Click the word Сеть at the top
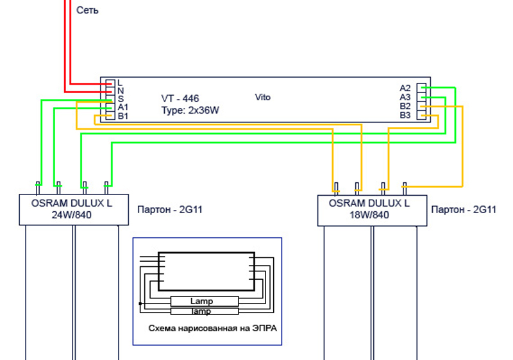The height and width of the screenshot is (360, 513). pos(87,11)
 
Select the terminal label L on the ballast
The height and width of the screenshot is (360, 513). pos(120,83)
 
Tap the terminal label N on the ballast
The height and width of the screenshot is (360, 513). pos(121,91)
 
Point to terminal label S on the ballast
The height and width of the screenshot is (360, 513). pos(121,99)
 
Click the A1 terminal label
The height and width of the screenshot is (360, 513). pos(123,107)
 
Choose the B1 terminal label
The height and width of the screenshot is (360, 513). pos(123,116)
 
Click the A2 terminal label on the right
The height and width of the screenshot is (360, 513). pos(405,88)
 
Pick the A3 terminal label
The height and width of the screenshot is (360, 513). pos(405,97)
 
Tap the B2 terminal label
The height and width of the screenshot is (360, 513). pos(405,106)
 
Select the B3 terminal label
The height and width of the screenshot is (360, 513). pos(405,115)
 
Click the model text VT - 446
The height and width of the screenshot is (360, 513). pos(180,99)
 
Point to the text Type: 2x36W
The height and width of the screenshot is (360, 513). pos(190,110)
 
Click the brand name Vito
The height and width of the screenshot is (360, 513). pos(263,98)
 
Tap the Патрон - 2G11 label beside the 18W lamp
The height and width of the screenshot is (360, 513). pos(464,210)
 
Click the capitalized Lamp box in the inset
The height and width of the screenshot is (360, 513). pos(201,301)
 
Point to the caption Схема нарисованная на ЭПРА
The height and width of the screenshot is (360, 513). pos(206,329)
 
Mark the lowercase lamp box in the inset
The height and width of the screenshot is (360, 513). pos(201,311)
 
